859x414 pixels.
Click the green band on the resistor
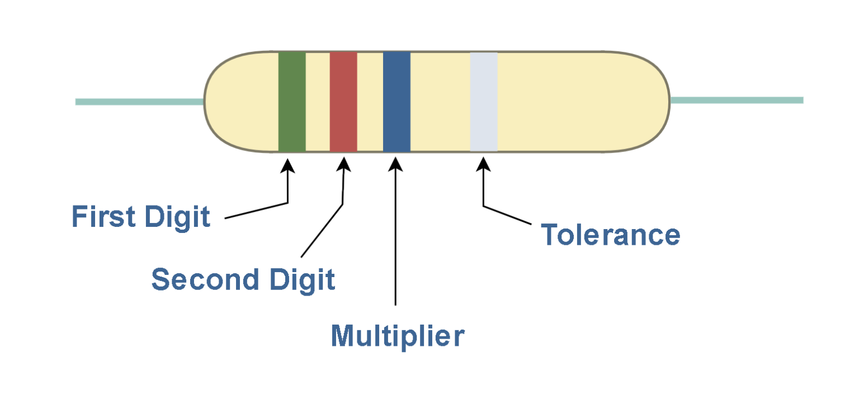tap(292, 102)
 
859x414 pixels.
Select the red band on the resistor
tap(343, 102)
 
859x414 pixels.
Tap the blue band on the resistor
tap(397, 102)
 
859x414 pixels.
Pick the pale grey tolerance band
tap(484, 102)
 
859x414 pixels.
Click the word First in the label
tap(103, 217)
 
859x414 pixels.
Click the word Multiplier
tap(398, 335)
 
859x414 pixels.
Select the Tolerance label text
tap(610, 235)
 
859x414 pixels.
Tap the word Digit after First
tap(177, 217)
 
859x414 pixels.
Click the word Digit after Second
tap(302, 279)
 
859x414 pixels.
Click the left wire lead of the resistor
tap(140, 102)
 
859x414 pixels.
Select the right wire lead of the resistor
tap(736, 101)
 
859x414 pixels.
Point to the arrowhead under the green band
tap(287, 165)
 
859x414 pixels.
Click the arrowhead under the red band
tap(344, 165)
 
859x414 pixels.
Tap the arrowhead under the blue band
tap(395, 165)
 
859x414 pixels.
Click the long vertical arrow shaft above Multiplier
tap(395, 240)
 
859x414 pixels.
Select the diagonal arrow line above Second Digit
tap(322, 230)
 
